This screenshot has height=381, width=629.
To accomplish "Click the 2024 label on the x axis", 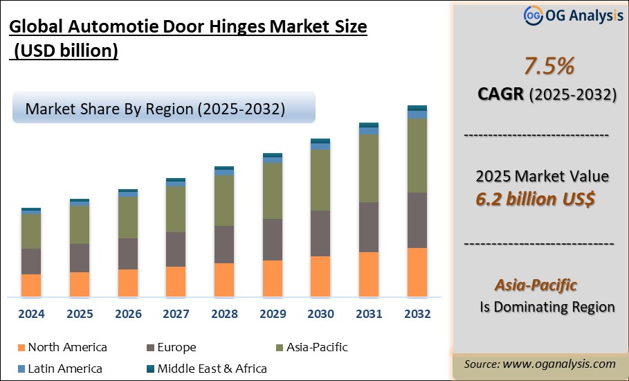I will (31, 314).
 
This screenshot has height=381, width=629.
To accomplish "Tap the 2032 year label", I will (417, 314).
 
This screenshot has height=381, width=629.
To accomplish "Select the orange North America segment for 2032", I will (417, 272).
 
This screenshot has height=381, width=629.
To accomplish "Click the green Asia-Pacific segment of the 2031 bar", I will (369, 168).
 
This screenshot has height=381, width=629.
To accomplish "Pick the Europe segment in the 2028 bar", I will (224, 245).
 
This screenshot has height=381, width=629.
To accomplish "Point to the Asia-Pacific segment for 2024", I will (31, 231).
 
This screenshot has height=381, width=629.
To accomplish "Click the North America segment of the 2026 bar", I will (128, 283).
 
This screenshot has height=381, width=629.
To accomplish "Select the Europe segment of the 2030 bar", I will (320, 233).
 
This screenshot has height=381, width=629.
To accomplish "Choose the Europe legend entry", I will (176, 348).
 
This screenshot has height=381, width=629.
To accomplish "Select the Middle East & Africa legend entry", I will (212, 369).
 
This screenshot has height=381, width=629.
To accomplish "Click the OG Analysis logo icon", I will (532, 15).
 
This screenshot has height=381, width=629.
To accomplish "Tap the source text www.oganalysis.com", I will (558, 364).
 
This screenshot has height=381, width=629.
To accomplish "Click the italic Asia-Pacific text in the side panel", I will (536, 285).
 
